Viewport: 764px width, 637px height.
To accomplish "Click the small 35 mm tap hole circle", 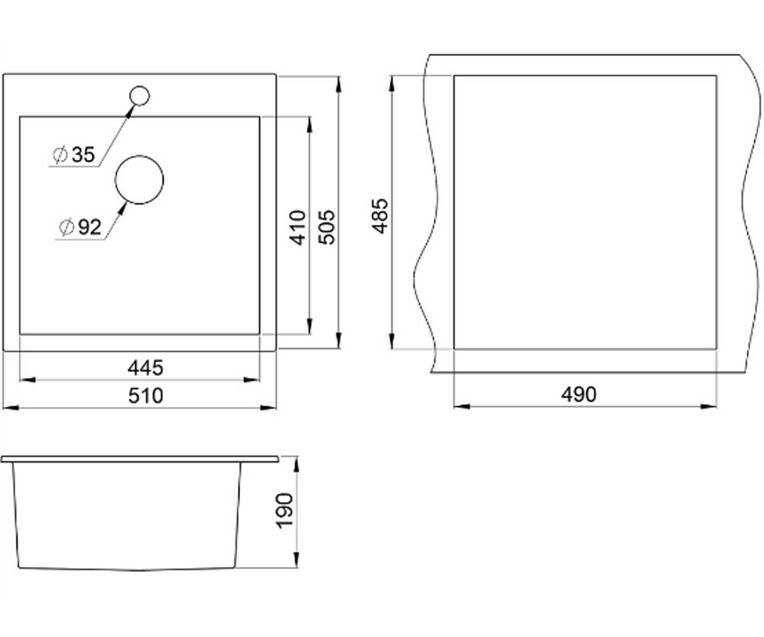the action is tap(139, 87).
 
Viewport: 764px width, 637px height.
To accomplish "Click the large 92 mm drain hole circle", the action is tap(139, 156).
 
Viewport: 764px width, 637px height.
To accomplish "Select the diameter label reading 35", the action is tap(83, 155).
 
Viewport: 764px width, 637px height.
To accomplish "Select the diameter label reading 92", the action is tap(90, 227).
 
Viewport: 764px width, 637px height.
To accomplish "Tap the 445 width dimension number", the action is tap(146, 368).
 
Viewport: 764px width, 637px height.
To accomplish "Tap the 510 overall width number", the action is tap(146, 396).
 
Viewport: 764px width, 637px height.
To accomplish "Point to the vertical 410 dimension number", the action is tap(297, 227).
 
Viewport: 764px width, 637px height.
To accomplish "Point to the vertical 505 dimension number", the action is tap(327, 227).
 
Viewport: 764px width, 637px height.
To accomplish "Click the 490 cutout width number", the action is tap(579, 395).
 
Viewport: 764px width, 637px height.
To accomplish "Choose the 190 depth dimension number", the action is tap(285, 511).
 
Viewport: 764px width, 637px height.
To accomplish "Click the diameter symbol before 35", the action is tap(60, 155).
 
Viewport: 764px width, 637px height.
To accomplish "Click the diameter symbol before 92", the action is tap(66, 227).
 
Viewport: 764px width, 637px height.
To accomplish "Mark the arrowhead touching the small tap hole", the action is tap(129, 111).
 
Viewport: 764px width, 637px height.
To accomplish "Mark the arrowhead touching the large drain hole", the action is tap(123, 208).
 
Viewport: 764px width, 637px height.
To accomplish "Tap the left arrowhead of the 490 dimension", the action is tap(462, 406).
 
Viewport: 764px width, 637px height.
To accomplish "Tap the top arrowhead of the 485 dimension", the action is tap(392, 83).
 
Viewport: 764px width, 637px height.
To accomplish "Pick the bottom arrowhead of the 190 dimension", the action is tap(297, 560).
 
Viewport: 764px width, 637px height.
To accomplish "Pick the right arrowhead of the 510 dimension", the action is tap(268, 408).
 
